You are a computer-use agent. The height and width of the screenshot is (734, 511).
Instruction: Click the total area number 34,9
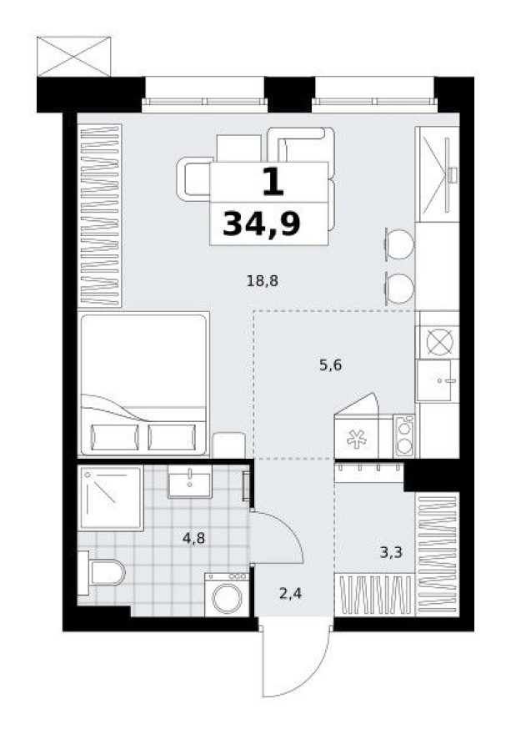[262, 224]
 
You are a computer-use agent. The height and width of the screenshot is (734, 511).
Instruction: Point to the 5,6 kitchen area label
[331, 364]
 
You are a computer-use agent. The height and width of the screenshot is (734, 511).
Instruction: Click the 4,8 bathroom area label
[194, 538]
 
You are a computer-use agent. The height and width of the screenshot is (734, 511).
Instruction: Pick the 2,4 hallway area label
[290, 595]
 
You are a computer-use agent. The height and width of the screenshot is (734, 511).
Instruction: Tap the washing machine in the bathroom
[227, 596]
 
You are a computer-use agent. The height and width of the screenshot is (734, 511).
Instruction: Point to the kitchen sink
[438, 382]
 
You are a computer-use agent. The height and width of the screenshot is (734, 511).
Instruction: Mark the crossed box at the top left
[74, 56]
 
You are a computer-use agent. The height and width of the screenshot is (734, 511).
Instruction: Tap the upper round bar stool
[398, 244]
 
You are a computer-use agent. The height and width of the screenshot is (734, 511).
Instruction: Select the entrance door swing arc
[292, 663]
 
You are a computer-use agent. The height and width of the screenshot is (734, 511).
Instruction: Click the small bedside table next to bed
[228, 445]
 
